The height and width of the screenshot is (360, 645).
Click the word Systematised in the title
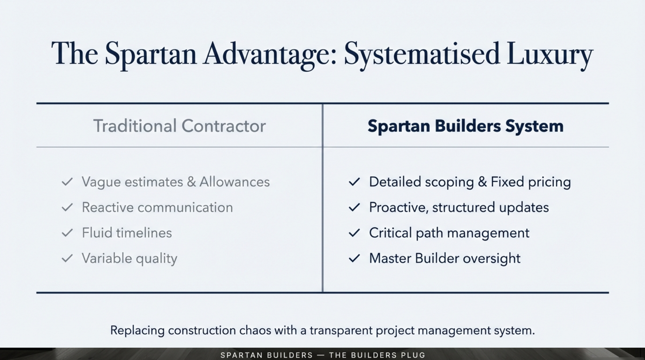click(x=421, y=54)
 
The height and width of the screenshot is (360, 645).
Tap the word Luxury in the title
click(x=550, y=54)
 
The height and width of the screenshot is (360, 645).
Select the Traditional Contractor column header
click(x=179, y=126)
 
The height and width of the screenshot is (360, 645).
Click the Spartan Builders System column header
click(x=465, y=126)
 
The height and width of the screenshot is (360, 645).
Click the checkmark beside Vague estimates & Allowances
click(x=67, y=182)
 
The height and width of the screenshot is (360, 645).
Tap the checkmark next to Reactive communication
click(x=67, y=207)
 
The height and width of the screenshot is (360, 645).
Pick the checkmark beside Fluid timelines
click(x=67, y=233)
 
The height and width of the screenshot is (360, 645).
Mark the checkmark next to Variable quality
click(x=67, y=258)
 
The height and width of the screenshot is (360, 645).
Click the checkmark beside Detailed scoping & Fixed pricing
click(x=354, y=182)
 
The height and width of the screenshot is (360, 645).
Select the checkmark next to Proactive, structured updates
click(x=354, y=207)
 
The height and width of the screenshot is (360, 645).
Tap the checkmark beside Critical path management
click(x=354, y=233)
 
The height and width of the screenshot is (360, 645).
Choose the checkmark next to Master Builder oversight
click(x=354, y=258)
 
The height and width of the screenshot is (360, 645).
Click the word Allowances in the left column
click(x=235, y=182)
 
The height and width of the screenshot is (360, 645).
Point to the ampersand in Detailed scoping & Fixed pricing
click(x=482, y=182)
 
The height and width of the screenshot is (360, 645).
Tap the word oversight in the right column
click(x=491, y=258)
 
